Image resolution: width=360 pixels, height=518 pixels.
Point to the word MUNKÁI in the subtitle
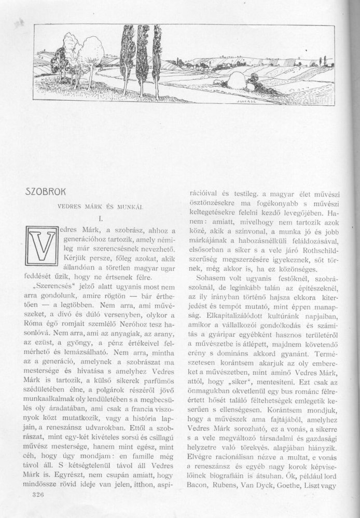click(132, 207)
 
